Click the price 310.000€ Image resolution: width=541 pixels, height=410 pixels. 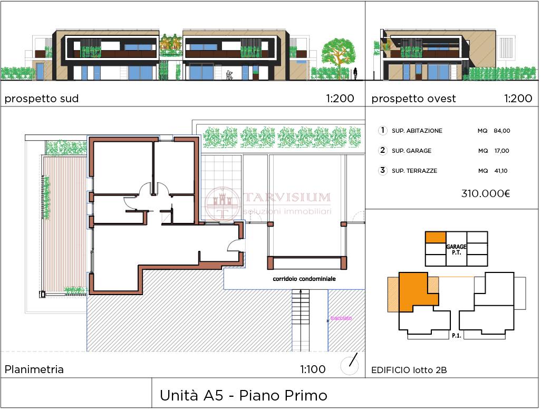point(486,193)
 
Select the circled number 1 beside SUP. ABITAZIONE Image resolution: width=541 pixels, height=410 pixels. point(382,130)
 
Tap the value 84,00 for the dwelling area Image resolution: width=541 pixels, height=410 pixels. point(501,131)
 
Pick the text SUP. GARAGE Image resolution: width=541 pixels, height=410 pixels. point(411,151)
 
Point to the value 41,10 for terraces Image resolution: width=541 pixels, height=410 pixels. point(501,171)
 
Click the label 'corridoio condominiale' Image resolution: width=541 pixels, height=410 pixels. point(304,279)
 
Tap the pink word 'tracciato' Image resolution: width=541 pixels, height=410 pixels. point(341,318)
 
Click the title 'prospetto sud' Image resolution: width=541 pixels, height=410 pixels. point(42,99)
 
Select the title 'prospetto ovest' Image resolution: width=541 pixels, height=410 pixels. point(413,99)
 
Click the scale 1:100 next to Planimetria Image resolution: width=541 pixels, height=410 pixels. point(313,369)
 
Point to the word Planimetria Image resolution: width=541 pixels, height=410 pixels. point(34,369)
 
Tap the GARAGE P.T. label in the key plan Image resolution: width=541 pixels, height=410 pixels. point(456,249)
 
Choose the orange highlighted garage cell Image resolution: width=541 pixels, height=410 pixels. point(436,237)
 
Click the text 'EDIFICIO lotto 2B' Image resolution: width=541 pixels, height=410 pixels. point(409,370)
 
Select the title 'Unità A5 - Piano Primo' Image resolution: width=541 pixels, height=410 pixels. point(243,396)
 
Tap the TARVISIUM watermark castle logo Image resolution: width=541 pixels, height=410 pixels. point(223,204)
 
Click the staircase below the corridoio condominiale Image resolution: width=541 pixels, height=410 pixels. point(301,320)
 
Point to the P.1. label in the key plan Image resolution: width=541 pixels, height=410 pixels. point(457,335)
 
